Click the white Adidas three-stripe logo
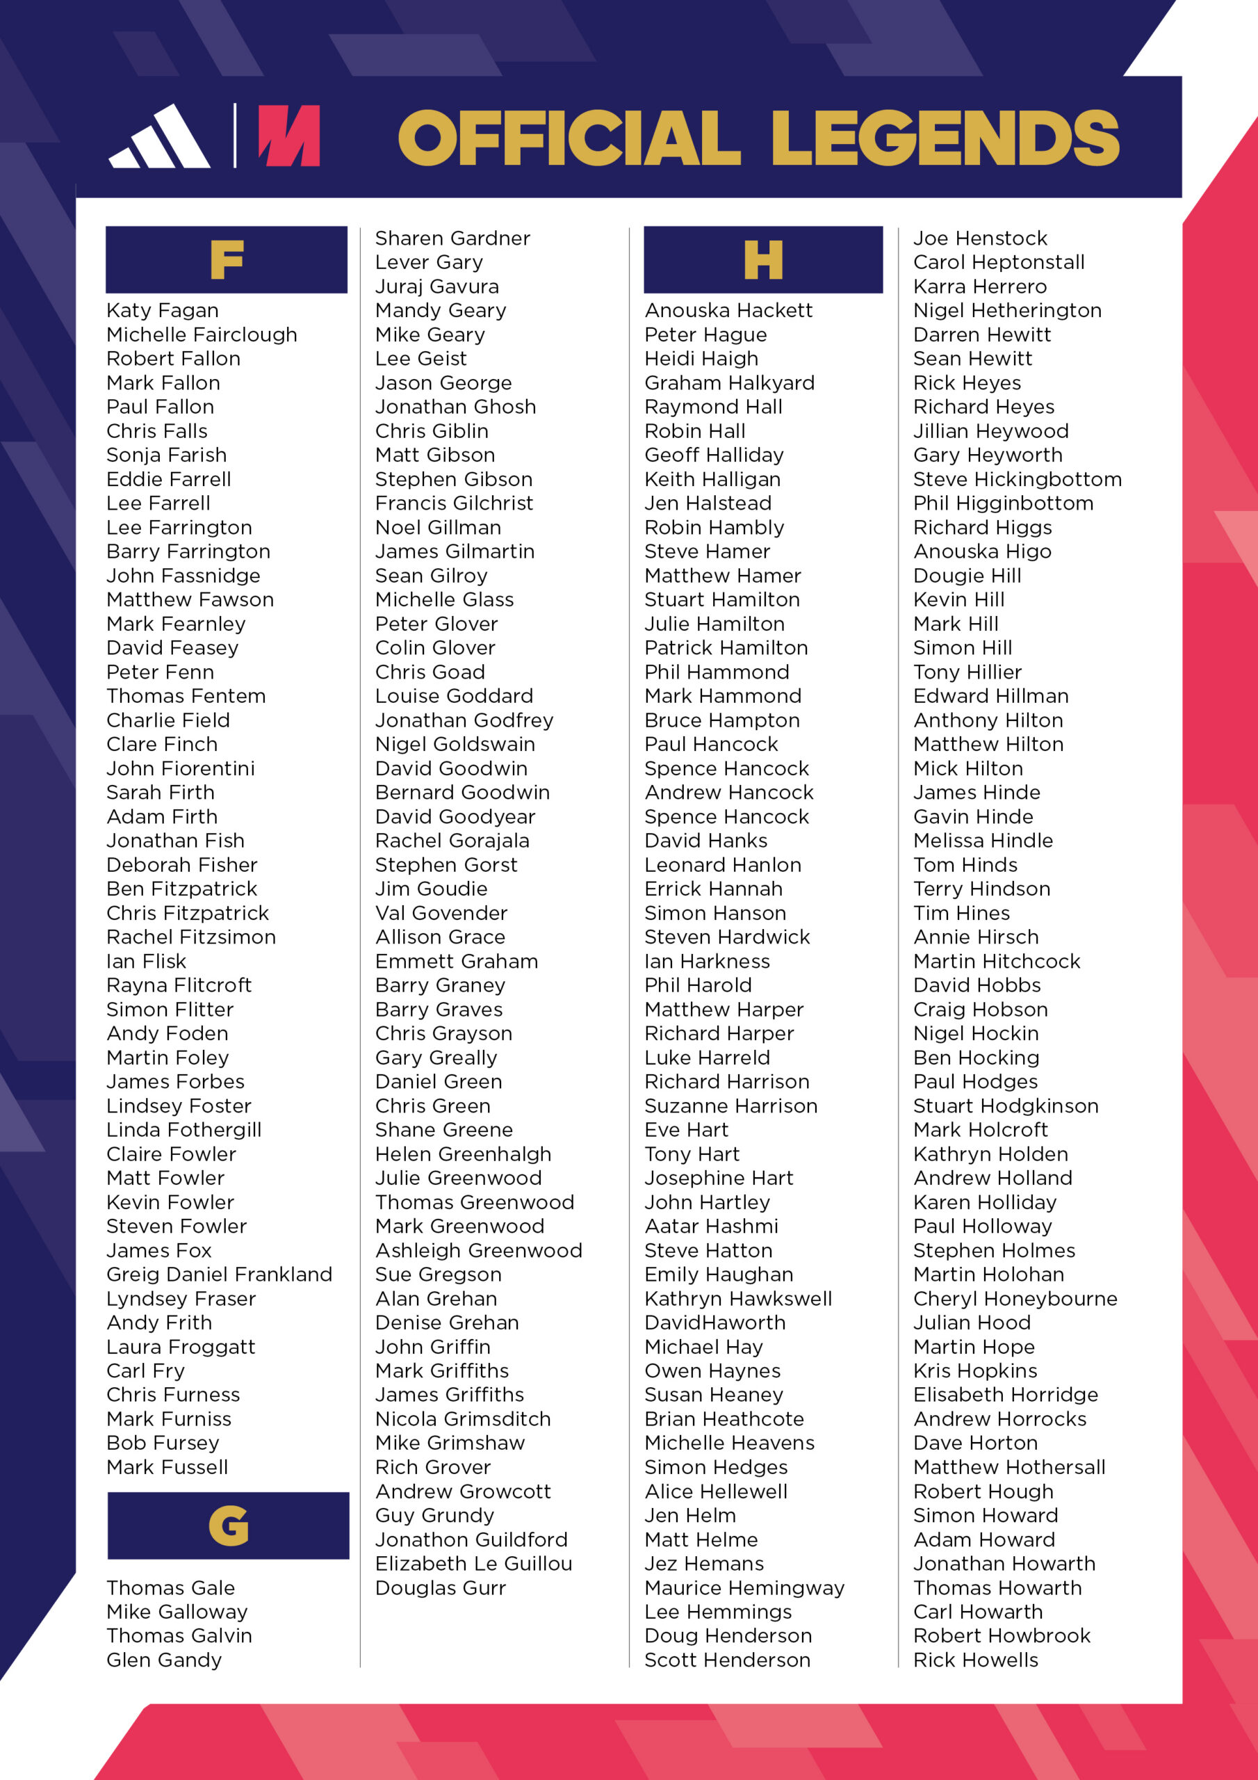(160, 137)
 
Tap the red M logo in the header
(289, 136)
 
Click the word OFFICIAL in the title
(570, 138)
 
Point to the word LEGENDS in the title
(945, 138)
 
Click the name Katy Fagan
(163, 311)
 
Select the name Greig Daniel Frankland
(220, 1275)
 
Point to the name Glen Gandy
(164, 1660)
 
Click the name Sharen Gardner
(452, 238)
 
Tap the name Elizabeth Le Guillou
(473, 1564)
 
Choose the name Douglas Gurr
(440, 1587)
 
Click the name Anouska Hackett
(728, 311)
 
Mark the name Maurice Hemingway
(744, 1587)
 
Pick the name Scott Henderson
(727, 1660)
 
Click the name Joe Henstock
(980, 238)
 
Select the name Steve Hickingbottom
(1017, 479)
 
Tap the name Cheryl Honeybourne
(1015, 1299)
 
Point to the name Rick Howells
(976, 1660)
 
